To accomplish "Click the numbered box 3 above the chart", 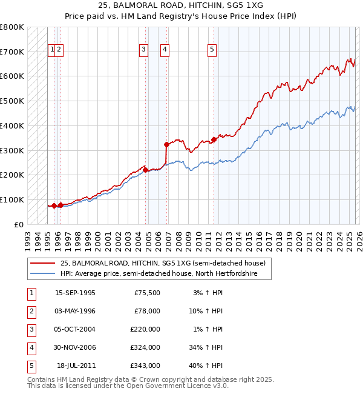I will coord(143,50).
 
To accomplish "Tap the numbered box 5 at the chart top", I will coord(212,50).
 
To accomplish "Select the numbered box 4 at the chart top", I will coord(165,50).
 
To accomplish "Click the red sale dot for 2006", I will coord(166,144).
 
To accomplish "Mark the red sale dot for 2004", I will coord(145,170).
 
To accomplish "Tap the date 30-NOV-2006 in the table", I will coord(75,347).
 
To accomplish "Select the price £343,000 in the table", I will coord(145,366).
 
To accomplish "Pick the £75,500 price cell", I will coord(147,293).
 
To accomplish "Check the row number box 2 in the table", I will coord(31,311).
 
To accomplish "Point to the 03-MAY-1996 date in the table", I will coord(75,311).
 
